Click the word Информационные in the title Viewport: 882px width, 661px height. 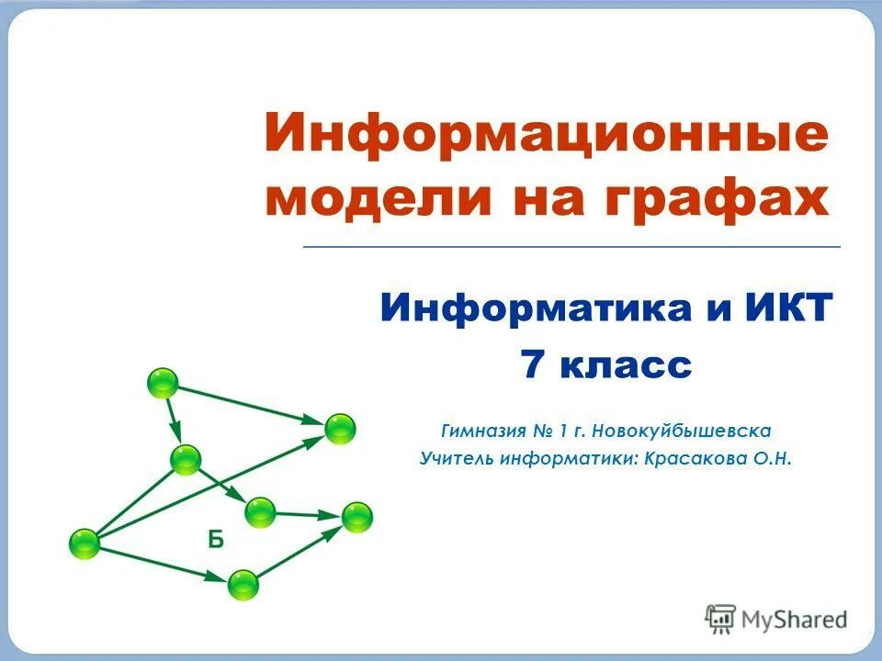pos(546,136)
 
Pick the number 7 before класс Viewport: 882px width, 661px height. pos(534,366)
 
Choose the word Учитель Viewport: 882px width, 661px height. pos(457,457)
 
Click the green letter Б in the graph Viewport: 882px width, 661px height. pos(215,540)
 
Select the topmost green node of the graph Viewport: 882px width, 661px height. pos(163,383)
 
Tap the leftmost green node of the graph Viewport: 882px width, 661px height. pos(85,544)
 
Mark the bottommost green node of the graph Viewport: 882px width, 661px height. pos(243,584)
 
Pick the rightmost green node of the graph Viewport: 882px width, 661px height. pos(357,517)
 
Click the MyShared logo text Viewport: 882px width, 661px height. pos(793,620)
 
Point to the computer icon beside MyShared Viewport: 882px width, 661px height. pos(720,619)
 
